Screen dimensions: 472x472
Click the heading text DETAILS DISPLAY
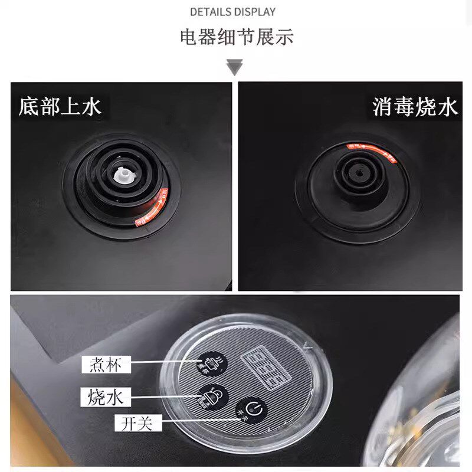click(232, 12)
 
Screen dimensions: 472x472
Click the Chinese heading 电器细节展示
click(236, 37)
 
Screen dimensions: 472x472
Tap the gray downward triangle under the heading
click(235, 67)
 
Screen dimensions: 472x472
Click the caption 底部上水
click(60, 106)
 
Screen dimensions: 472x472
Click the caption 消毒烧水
click(415, 106)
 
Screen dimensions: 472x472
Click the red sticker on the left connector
click(157, 206)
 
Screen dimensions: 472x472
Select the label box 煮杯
click(106, 365)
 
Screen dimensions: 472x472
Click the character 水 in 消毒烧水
click(447, 106)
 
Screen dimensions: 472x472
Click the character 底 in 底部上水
click(28, 106)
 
